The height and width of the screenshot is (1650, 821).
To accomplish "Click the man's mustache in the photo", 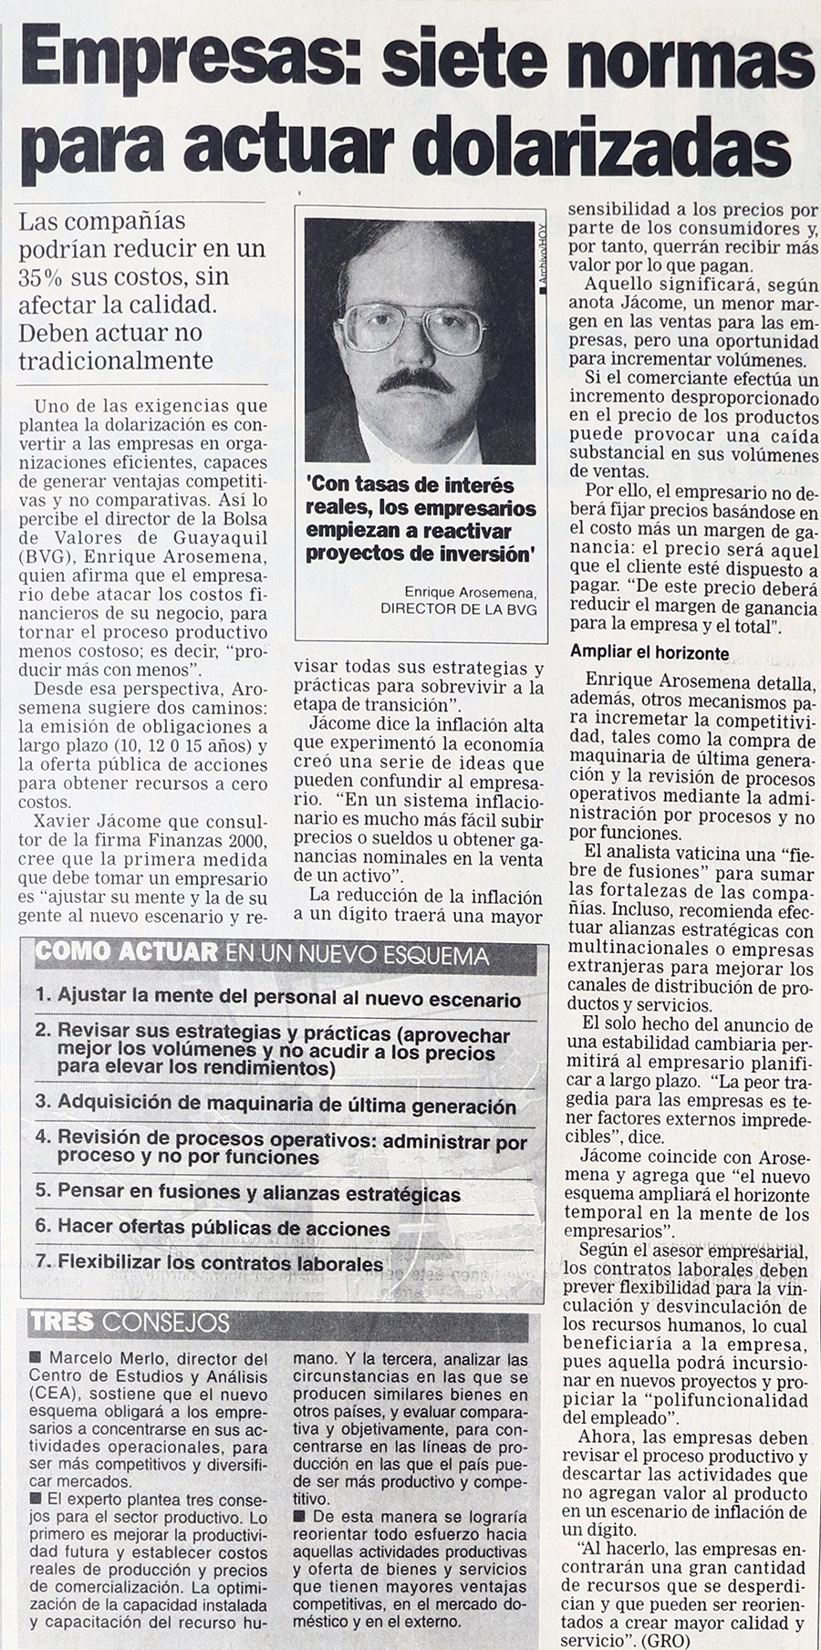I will click(421, 380).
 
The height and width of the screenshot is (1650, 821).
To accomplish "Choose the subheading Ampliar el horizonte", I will click(650, 653).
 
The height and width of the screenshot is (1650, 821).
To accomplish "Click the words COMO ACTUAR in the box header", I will click(126, 954).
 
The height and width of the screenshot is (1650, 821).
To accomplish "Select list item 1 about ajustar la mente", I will click(278, 998).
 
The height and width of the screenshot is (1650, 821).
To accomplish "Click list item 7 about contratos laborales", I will click(209, 1264).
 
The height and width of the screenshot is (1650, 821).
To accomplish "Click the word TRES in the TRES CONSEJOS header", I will click(64, 1322).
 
